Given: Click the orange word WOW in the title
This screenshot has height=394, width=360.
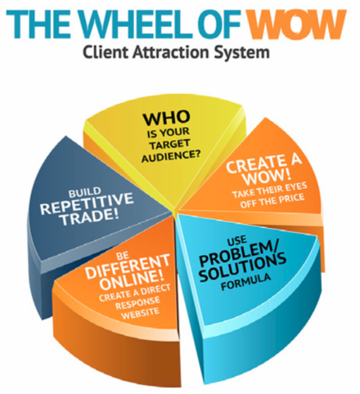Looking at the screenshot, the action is tap(296, 25).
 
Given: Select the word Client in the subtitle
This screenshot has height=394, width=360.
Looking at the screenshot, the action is tap(105, 51).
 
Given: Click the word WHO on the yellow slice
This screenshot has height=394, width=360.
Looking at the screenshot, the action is tap(166, 118).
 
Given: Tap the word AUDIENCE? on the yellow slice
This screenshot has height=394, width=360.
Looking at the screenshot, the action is tap(171, 157).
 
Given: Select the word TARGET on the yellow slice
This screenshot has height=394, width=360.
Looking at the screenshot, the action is tap(169, 145).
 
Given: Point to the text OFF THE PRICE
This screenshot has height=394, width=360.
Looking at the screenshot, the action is tap(272, 201).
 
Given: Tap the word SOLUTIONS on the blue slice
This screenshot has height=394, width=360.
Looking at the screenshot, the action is tap(242, 267).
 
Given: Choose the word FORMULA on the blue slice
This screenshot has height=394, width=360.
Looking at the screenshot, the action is tap(245, 282).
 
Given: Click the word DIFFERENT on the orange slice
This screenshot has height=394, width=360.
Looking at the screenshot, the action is tap(128, 266).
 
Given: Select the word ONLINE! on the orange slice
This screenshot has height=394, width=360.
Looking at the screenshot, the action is tap(132, 280).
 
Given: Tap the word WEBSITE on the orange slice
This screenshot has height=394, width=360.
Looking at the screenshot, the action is tap(140, 313).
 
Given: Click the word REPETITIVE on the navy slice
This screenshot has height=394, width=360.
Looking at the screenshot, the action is tap(87, 204).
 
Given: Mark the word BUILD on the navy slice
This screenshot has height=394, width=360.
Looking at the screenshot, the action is tap(85, 193).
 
